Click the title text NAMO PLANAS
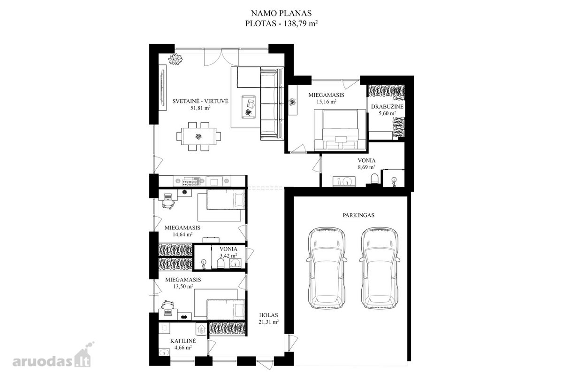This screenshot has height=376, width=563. [x=281, y=13]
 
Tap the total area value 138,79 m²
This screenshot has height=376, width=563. [x=301, y=23]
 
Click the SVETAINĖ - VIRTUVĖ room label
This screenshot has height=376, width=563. [x=200, y=101]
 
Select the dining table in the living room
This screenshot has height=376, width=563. [x=198, y=136]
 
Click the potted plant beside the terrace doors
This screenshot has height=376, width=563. [x=175, y=59]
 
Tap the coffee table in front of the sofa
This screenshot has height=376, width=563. [x=248, y=107]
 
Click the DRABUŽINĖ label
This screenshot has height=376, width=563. [x=388, y=107]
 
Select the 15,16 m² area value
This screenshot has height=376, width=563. [x=327, y=102]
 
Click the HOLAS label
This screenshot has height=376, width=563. [x=268, y=315]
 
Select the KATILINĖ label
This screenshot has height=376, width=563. [x=183, y=341]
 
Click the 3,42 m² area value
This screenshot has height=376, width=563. [x=228, y=256]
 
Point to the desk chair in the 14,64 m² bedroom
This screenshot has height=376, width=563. [x=168, y=204]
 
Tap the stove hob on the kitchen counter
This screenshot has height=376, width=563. [x=190, y=181]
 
